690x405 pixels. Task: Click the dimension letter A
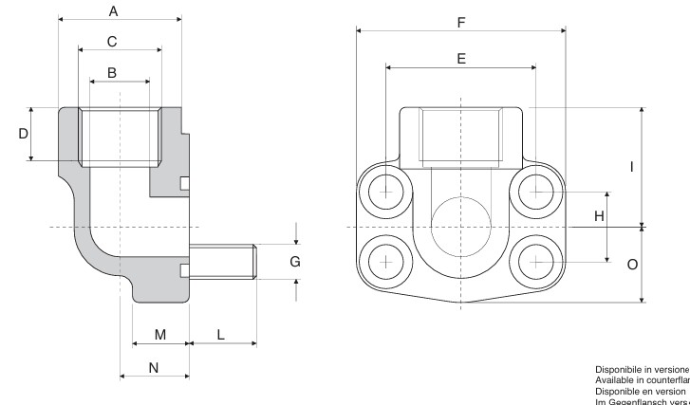coord(113,11)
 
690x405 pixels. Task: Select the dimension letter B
coord(112,72)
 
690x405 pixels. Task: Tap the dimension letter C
coord(112,42)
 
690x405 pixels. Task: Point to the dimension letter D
coord(24,134)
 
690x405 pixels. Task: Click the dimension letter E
coord(461,59)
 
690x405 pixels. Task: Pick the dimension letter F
coord(461,21)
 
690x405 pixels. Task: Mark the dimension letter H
coord(599,216)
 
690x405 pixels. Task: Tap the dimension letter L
coord(220,335)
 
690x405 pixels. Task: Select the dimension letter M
coord(160,335)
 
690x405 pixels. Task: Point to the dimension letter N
coord(154,368)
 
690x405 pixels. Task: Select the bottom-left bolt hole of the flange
coord(386,260)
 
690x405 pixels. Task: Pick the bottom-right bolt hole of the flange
coord(536,260)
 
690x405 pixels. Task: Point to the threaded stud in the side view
coord(224,261)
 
